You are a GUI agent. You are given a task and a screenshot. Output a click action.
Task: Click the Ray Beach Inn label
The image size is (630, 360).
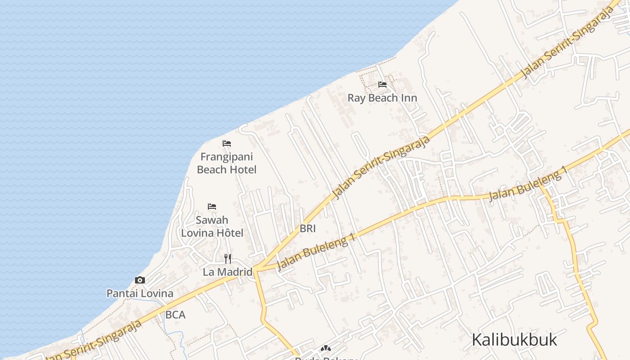(382, 98)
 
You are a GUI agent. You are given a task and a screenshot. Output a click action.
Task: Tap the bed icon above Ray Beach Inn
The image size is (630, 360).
(382, 85)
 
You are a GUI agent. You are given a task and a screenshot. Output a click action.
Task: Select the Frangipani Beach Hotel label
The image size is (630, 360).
(227, 163)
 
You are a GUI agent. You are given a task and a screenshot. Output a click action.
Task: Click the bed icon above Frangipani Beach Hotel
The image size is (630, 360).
(227, 144)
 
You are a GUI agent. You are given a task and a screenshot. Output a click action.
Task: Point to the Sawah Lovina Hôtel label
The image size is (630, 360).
(212, 226)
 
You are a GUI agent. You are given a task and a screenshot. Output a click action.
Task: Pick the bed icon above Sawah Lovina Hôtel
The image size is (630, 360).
(212, 207)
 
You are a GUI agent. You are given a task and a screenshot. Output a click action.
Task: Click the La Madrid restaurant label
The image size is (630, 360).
(228, 272)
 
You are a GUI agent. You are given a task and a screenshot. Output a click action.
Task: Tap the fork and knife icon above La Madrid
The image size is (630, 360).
(228, 259)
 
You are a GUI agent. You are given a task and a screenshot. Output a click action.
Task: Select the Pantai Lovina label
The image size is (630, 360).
(139, 293)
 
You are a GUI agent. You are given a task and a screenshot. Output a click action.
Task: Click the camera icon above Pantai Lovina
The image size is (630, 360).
(140, 280)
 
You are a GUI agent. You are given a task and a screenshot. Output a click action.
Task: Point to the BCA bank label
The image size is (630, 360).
(175, 315)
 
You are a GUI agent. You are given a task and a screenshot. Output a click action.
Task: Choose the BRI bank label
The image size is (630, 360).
(308, 229)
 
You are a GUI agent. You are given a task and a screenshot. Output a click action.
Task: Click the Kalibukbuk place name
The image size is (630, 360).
(514, 340)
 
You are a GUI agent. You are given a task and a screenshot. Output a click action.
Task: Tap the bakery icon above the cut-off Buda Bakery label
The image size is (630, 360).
(325, 348)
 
